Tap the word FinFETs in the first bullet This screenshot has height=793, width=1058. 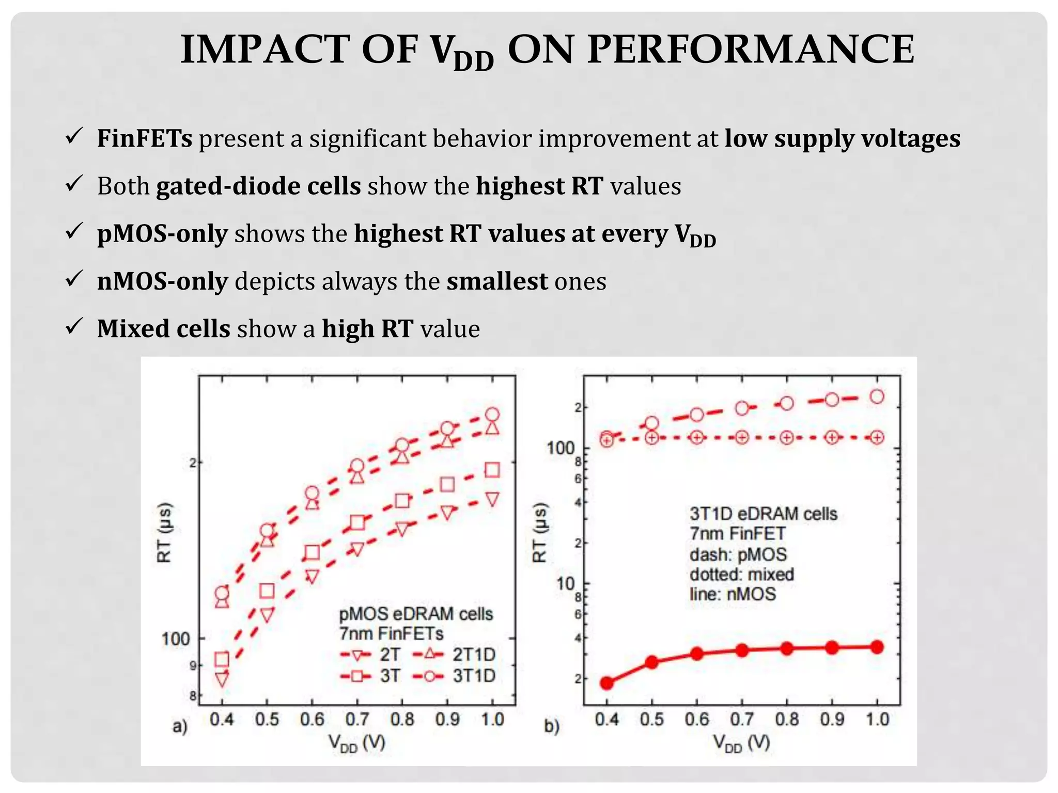tap(145, 138)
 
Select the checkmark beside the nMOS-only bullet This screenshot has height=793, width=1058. tap(74, 279)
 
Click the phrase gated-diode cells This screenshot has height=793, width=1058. tap(258, 186)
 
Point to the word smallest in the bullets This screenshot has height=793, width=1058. tap(497, 281)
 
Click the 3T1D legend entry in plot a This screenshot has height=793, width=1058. tap(455, 676)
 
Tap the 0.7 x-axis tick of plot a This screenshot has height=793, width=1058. tap(357, 719)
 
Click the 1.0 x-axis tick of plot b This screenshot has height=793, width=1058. tap(877, 719)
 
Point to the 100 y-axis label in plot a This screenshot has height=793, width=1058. tap(176, 639)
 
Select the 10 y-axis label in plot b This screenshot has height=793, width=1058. tap(565, 584)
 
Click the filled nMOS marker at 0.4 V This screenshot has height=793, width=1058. tap(607, 683)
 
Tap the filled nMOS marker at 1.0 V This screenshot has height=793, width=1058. tap(877, 647)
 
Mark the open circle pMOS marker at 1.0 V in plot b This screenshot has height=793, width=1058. tap(877, 396)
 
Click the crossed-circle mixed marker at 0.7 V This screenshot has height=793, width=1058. tap(742, 437)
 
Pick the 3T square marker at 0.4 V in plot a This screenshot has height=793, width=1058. tap(222, 659)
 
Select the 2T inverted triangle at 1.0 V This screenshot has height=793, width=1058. tap(492, 499)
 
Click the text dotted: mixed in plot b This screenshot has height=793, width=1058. tap(741, 574)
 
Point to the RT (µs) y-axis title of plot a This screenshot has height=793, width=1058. tap(164, 532)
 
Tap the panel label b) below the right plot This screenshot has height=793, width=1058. tap(552, 727)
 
